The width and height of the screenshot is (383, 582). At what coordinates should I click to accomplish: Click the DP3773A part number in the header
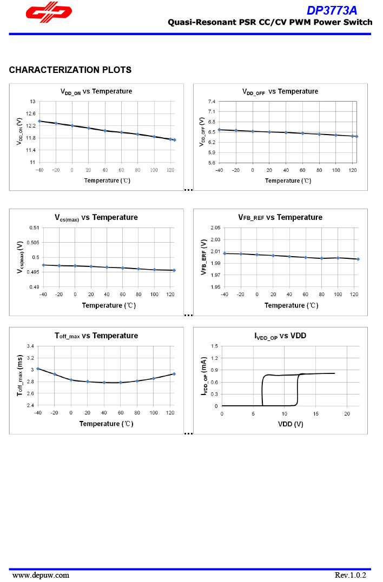click(x=332, y=10)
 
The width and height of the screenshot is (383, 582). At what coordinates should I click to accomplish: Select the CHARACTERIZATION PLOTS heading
click(x=70, y=70)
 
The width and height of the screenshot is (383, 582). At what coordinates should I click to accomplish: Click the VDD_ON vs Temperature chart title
click(x=96, y=91)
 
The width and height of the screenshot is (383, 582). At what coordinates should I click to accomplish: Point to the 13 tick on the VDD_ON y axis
click(x=32, y=102)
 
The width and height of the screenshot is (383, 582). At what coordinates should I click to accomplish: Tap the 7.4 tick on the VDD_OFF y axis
click(x=212, y=102)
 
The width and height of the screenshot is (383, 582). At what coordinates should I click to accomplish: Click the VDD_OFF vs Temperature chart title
click(x=280, y=91)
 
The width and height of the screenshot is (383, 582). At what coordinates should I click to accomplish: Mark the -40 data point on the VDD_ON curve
click(x=39, y=121)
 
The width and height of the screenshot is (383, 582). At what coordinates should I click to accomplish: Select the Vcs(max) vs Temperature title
click(x=96, y=217)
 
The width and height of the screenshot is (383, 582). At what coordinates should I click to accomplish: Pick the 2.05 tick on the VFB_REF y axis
click(x=216, y=228)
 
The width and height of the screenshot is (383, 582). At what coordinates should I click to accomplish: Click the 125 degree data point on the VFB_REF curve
click(x=358, y=259)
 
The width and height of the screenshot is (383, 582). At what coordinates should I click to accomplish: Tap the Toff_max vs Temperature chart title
click(x=96, y=336)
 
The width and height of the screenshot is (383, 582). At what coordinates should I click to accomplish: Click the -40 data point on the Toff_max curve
click(x=38, y=369)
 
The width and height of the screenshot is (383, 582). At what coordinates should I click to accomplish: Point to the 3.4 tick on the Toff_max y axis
click(x=30, y=346)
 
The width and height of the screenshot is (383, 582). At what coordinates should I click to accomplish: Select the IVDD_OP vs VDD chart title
click(x=280, y=336)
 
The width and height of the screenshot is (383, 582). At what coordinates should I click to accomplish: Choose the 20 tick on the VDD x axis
click(x=347, y=413)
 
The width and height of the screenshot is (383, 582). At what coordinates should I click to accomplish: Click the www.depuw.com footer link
click(x=41, y=575)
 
